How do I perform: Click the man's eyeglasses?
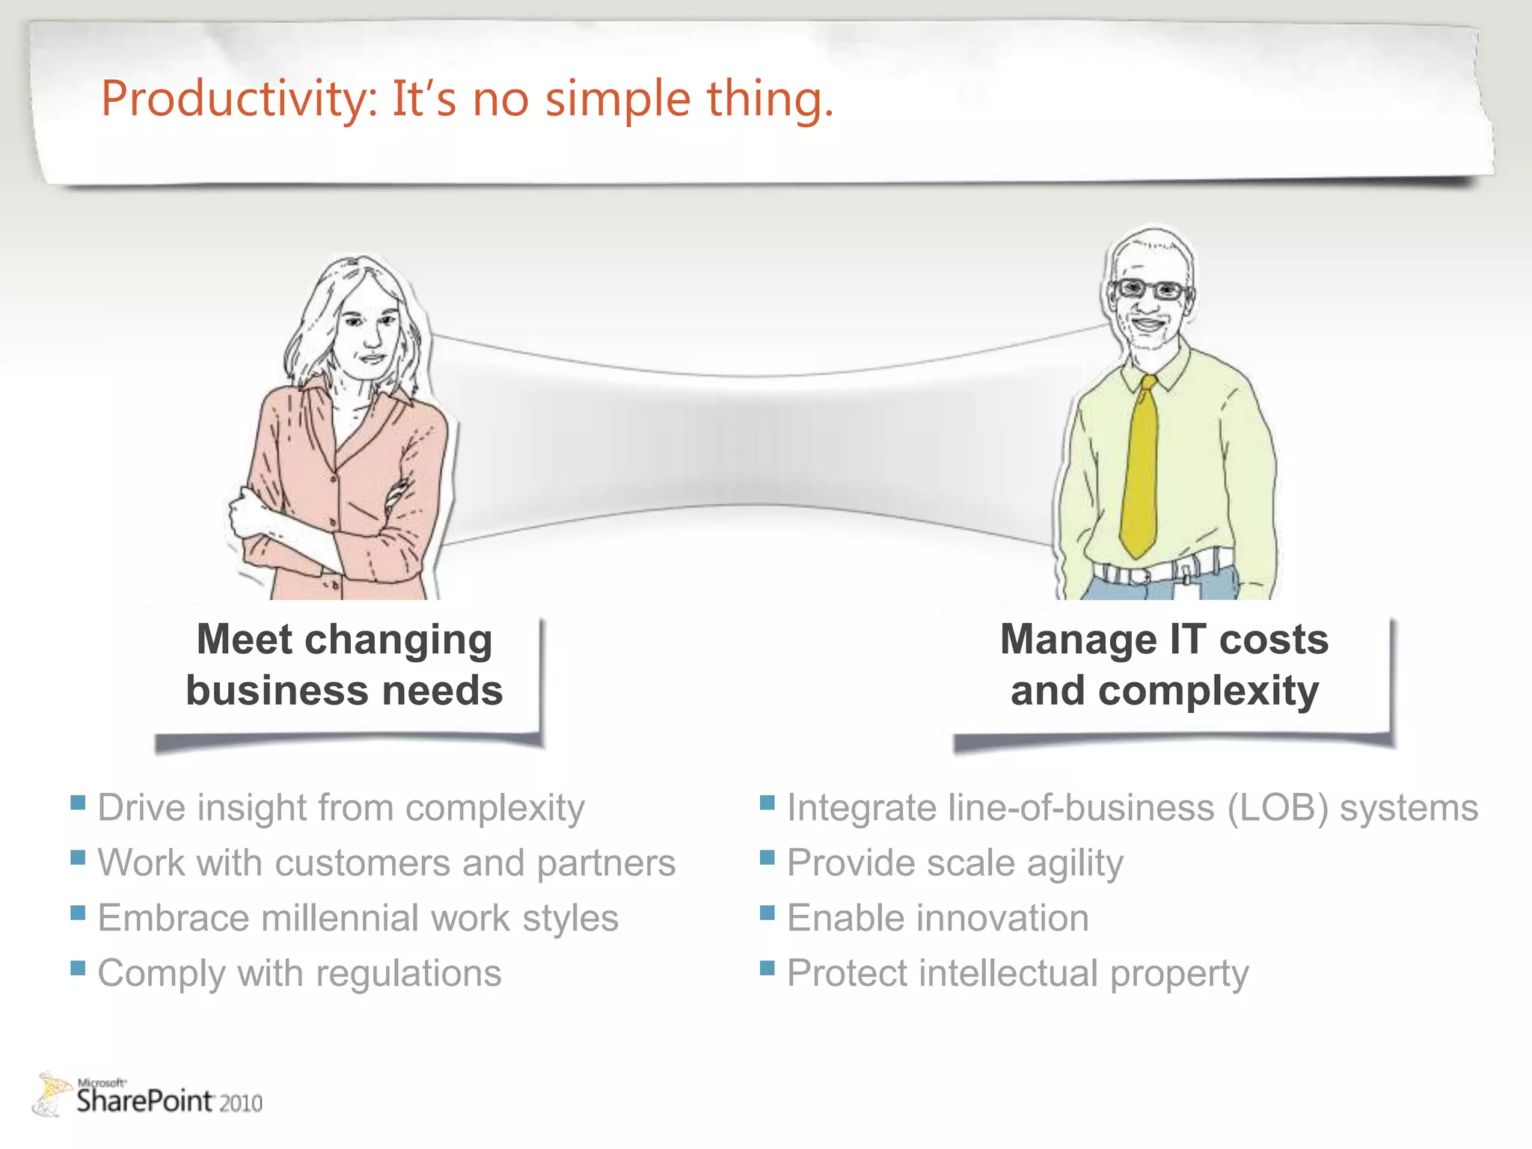pos(1148,289)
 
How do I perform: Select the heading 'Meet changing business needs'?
pos(344,664)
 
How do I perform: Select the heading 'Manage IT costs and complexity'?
pos(1164,664)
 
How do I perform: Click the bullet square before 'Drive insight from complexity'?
pos(78,803)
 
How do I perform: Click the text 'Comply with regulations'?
pos(299,973)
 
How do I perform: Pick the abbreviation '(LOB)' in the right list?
pos(1278,808)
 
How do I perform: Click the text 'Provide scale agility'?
pos(955,863)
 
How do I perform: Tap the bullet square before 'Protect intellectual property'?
pos(767,969)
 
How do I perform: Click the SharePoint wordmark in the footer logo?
pos(145,1101)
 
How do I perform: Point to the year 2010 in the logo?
pos(240,1103)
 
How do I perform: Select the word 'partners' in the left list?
pos(606,863)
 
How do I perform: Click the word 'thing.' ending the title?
pos(770,99)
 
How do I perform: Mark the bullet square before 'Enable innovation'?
pos(767,913)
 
